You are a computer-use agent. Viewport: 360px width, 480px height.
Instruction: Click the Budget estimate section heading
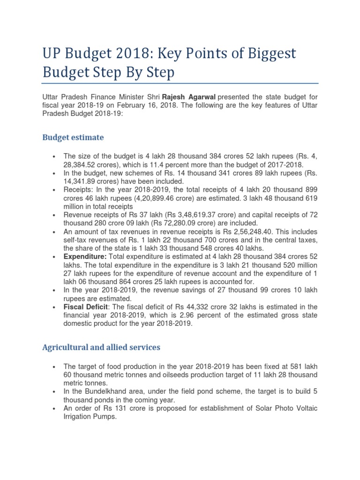(73, 137)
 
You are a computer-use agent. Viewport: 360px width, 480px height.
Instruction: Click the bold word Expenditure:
(85, 257)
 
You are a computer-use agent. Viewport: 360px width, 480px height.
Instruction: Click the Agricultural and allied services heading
(101, 347)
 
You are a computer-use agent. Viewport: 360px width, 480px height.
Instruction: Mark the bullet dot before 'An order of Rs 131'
(55, 409)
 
